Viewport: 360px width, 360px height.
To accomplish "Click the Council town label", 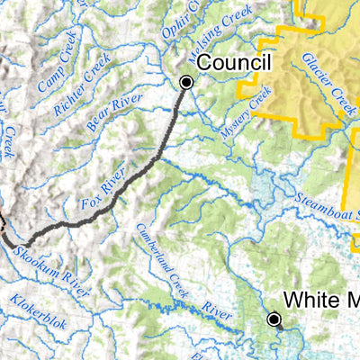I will click(234, 63).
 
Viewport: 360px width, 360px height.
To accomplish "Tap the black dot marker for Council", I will click(186, 82).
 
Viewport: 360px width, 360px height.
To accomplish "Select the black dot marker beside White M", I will click(274, 319).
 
